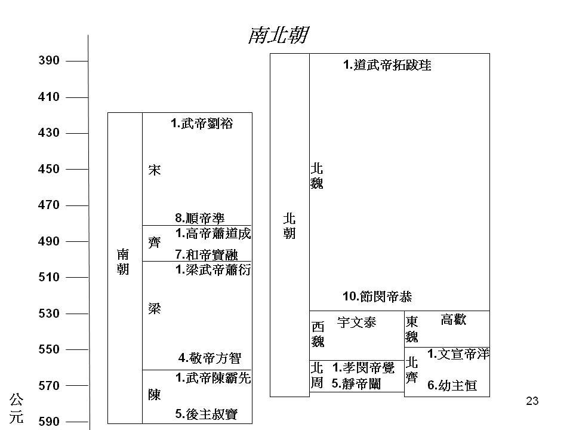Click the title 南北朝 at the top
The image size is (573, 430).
(278, 35)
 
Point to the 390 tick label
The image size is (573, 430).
(48, 60)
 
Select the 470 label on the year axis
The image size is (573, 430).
(48, 205)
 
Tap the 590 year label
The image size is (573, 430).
(48, 422)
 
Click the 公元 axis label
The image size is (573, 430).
(17, 408)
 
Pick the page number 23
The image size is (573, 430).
(532, 401)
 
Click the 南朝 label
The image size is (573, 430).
(123, 262)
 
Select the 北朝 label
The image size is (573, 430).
(289, 226)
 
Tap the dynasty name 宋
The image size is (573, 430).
(154, 170)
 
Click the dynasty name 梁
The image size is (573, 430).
(154, 309)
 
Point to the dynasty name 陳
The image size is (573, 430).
(154, 395)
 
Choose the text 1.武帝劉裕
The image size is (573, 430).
(202, 124)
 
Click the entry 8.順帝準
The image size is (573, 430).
(200, 218)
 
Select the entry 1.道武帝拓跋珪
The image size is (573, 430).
(387, 65)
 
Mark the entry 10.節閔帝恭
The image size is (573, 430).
(377, 297)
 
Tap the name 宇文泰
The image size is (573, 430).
(356, 322)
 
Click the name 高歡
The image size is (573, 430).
(454, 320)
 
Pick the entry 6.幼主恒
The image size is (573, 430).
(452, 385)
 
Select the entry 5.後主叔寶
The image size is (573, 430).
(207, 414)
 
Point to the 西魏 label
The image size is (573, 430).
(318, 334)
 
